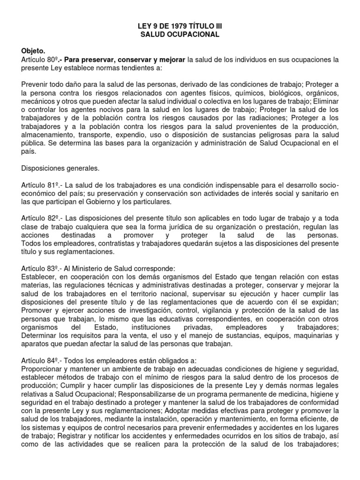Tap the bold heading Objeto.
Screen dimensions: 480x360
[34, 52]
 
